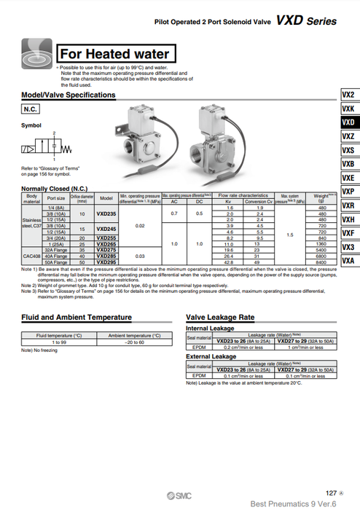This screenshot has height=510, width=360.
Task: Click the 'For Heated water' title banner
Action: pyautogui.click(x=114, y=54)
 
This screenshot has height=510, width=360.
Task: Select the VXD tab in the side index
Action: pyautogui.click(x=348, y=122)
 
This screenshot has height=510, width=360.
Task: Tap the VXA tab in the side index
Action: pyautogui.click(x=348, y=261)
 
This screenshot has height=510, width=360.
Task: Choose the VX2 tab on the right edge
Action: pyautogui.click(x=348, y=95)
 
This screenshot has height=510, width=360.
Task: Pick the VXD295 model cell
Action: pyautogui.click(x=106, y=262)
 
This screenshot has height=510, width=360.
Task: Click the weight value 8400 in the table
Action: pyautogui.click(x=318, y=262)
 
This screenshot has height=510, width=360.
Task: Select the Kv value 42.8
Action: pyautogui.click(x=228, y=262)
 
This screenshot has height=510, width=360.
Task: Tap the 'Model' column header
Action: pyautogui.click(x=106, y=197)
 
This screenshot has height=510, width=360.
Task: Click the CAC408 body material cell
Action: pyautogui.click(x=31, y=256)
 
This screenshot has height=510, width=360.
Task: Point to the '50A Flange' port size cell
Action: pyautogui.click(x=56, y=262)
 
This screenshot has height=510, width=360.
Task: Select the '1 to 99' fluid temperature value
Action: pyautogui.click(x=60, y=342)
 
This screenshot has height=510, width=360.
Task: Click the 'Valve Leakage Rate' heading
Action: pyautogui.click(x=220, y=318)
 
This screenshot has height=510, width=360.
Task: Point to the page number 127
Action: pyautogui.click(x=331, y=493)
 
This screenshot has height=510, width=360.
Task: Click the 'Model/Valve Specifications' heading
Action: pyautogui.click(x=69, y=95)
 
